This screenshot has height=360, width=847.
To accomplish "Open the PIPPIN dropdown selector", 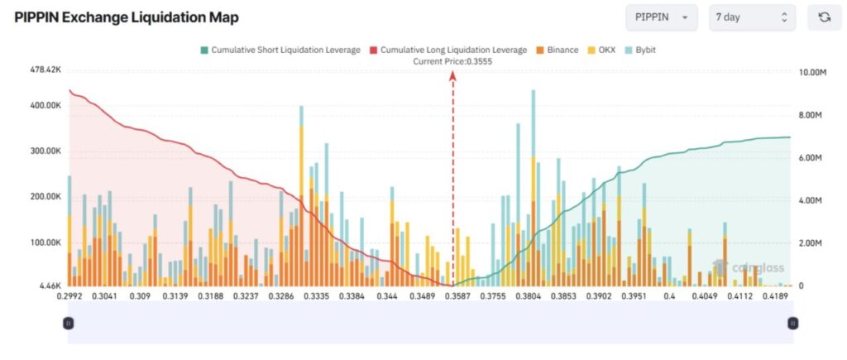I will pyautogui.click(x=662, y=17).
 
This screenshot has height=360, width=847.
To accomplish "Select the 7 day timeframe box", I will pyautogui.click(x=752, y=17).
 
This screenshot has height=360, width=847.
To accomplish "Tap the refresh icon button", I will pyautogui.click(x=824, y=17).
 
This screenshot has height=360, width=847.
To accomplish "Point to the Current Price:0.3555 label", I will pyautogui.click(x=452, y=61).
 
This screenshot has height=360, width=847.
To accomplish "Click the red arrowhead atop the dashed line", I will pyautogui.click(x=452, y=74).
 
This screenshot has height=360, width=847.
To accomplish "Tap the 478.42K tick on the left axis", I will pyautogui.click(x=45, y=70).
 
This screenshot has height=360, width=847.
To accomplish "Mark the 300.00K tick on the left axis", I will pyautogui.click(x=45, y=151).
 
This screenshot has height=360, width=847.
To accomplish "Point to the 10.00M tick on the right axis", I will pyautogui.click(x=814, y=72).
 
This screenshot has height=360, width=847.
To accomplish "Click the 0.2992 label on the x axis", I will pyautogui.click(x=69, y=296).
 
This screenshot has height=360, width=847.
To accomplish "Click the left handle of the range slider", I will pyautogui.click(x=69, y=324).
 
